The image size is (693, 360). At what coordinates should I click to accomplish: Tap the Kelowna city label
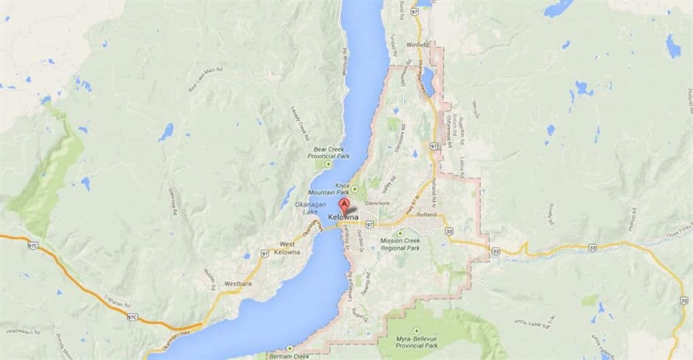(343, 217)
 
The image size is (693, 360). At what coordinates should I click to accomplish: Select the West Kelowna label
(289, 249)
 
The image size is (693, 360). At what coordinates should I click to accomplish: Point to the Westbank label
(238, 283)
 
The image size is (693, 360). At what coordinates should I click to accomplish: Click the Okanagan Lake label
(296, 208)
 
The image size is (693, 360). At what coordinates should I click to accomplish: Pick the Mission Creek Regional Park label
(400, 244)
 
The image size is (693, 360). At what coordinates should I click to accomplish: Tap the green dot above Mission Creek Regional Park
(399, 233)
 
